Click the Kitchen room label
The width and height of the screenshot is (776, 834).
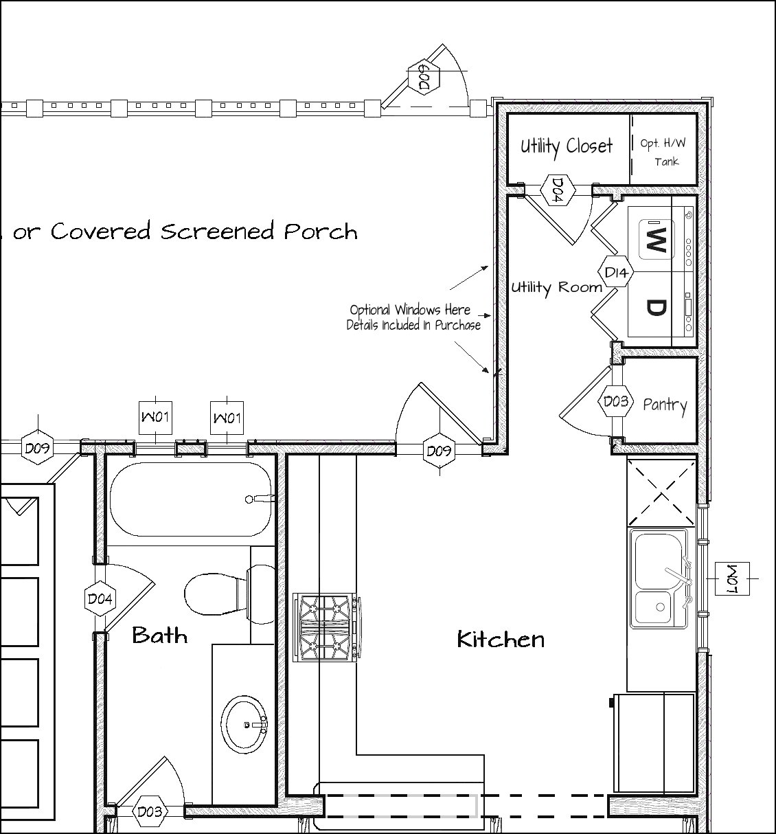(501, 640)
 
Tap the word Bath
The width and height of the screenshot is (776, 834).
(159, 635)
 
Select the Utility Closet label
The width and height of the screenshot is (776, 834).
(567, 146)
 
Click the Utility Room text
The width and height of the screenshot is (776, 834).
(556, 287)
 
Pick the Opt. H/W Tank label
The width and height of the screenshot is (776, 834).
(663, 152)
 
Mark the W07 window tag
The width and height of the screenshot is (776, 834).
(731, 579)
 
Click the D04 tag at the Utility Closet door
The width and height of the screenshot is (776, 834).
(558, 189)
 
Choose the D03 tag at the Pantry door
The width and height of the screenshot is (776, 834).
(615, 401)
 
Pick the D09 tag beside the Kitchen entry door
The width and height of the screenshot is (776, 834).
(439, 451)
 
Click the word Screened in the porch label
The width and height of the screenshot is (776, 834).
(219, 232)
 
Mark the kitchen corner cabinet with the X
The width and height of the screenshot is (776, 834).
(661, 492)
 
